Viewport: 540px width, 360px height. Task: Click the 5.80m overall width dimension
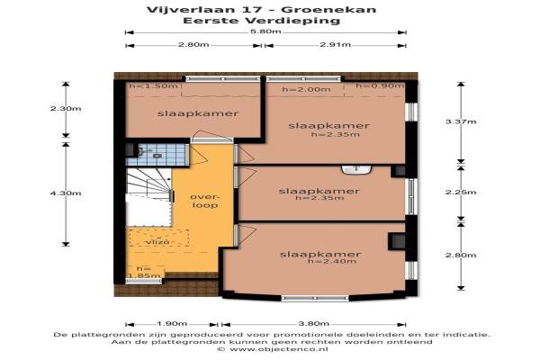265,32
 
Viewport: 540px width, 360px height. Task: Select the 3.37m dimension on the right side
461,121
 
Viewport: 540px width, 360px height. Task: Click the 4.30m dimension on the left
66,193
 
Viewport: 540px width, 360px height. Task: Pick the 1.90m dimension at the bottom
172,324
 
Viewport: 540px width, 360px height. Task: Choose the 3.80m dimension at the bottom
313,324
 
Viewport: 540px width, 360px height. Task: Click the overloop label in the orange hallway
204,201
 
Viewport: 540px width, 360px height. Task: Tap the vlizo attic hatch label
157,242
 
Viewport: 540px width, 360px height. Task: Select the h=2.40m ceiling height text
332,262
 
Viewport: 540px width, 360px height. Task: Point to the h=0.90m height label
380,85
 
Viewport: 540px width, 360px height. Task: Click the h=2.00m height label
306,90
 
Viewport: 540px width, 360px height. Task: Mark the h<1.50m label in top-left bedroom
153,85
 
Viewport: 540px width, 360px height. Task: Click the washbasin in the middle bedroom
356,169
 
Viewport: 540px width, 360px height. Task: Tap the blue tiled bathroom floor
157,155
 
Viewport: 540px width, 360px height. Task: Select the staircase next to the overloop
149,185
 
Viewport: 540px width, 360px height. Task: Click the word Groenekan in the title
328,9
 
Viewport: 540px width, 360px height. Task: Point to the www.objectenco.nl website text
279,349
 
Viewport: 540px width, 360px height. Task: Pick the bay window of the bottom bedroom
315,298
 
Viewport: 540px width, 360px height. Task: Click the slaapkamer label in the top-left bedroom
198,113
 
